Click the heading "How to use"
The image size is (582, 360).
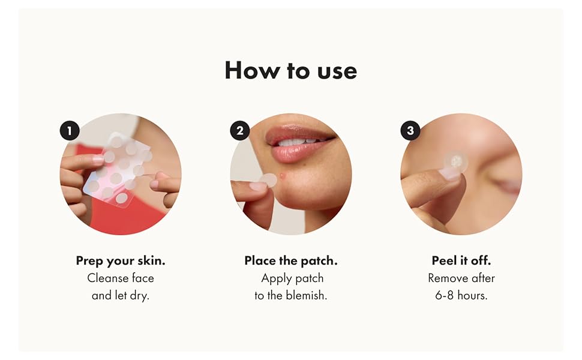(x=290, y=70)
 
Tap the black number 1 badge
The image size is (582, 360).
(x=70, y=131)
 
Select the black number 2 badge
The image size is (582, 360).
(x=240, y=131)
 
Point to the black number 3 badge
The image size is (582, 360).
(x=410, y=131)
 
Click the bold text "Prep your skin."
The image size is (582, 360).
(x=121, y=261)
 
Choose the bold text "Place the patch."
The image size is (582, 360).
(x=291, y=261)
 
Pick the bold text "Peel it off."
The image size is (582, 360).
(x=461, y=260)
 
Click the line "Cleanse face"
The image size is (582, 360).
(x=121, y=278)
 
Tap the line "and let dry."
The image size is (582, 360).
(x=121, y=295)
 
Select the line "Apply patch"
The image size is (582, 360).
(x=292, y=278)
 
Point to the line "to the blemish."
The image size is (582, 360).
(x=291, y=295)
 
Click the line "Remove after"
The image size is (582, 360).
(x=461, y=278)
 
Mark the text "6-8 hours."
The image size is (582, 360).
(x=461, y=295)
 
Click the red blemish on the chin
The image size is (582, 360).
(x=283, y=175)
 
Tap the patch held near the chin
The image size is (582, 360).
(x=269, y=181)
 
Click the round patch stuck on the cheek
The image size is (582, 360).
(x=456, y=162)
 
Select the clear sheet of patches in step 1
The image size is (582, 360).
(x=118, y=169)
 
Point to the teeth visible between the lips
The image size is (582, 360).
(x=299, y=142)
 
